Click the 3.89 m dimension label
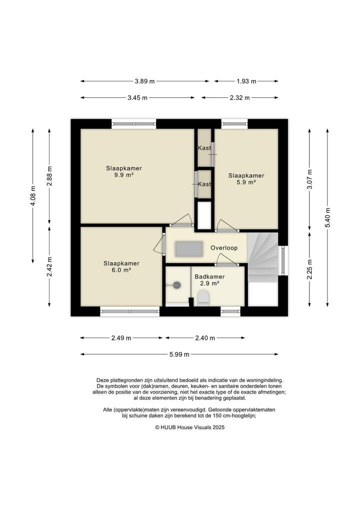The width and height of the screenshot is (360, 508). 144,81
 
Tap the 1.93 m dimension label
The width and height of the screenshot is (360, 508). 246,81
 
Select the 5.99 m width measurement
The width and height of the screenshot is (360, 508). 179,355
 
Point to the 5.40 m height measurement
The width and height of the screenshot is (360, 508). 327,217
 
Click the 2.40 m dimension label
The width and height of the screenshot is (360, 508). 205,338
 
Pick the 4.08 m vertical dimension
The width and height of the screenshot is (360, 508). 33,196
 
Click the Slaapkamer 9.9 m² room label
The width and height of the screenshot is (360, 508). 124,171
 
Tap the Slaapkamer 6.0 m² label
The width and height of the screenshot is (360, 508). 121,267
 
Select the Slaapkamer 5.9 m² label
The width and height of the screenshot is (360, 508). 246,179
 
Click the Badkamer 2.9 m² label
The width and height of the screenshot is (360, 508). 209,280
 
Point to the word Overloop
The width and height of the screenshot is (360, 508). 224,248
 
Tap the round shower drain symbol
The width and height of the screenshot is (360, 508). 177,285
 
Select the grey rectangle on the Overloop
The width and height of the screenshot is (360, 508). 189,249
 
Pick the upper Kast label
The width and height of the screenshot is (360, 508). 204,148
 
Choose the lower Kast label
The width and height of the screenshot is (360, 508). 204,184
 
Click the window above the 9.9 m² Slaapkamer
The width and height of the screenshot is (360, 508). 134,123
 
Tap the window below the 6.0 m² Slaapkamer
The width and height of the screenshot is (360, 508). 129,311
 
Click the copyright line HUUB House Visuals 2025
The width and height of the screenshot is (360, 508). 189,427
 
